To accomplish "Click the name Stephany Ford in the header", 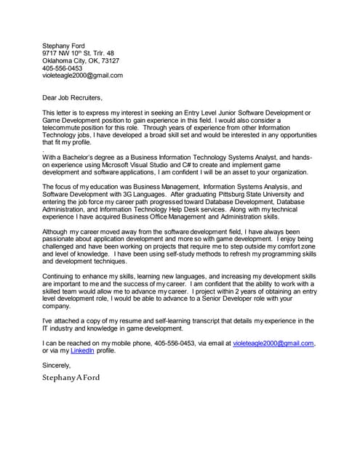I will pos(63,46).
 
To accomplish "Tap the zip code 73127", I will pos(109,60).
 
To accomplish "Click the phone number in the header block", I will pos(63,68).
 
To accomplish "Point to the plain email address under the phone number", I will pos(82,75).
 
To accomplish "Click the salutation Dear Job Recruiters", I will pos(73,97).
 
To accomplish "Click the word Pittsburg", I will pos(212,194).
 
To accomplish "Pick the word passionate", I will pos(60,239).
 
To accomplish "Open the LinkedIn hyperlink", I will pos(83,350).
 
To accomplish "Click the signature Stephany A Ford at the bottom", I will pos(71,378).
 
